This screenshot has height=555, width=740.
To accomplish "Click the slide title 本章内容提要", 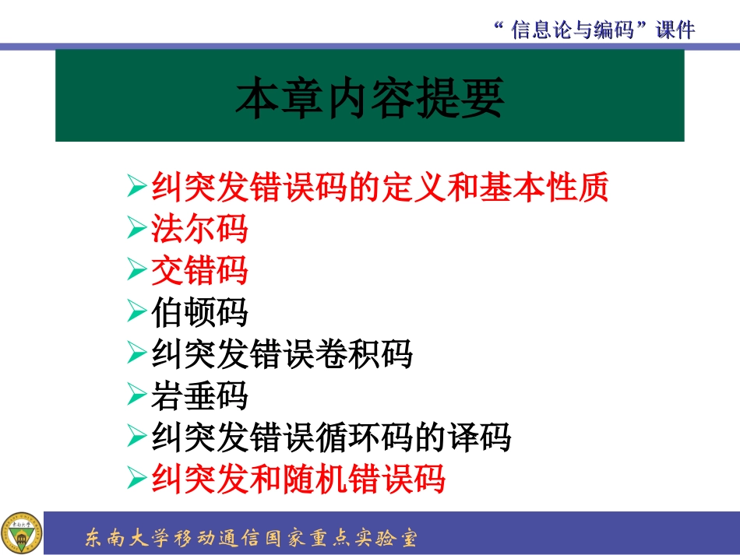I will tap(370, 97).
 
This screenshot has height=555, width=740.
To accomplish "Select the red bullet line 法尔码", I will tap(199, 229).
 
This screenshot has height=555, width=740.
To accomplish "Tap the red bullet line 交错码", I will tap(199, 271).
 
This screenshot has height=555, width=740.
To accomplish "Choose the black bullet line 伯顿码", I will tap(199, 313).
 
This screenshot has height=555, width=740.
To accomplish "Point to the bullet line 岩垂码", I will tap(199, 397).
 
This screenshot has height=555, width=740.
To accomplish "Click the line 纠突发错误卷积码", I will tap(281, 355).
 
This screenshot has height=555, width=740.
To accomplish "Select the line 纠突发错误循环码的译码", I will tap(331, 438).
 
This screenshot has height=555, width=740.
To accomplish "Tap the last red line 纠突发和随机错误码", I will tap(298, 479).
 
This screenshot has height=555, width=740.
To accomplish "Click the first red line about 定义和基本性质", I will tap(380, 188).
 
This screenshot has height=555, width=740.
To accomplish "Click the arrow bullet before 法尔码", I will tap(136, 229).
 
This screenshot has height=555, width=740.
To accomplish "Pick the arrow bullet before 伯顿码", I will tap(136, 313).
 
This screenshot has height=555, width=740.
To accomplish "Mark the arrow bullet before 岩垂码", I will tap(136, 397).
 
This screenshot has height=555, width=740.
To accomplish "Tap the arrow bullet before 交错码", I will tap(136, 271).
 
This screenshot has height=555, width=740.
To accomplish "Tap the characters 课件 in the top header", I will tap(675, 30).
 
